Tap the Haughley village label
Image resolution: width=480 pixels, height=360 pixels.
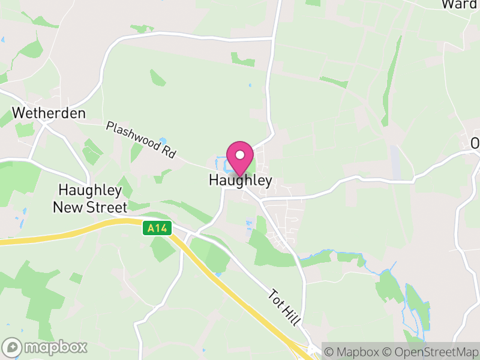click(x=240, y=180)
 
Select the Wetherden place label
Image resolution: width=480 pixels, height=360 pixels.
click(x=49, y=113)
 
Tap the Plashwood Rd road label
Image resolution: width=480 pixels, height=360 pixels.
click(x=140, y=140)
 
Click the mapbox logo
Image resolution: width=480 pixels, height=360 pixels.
click(x=46, y=347)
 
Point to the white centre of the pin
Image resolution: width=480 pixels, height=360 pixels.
click(x=240, y=154)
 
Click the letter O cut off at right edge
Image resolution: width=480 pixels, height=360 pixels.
click(x=475, y=144)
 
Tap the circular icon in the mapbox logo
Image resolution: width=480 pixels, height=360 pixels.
click(x=12, y=347)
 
